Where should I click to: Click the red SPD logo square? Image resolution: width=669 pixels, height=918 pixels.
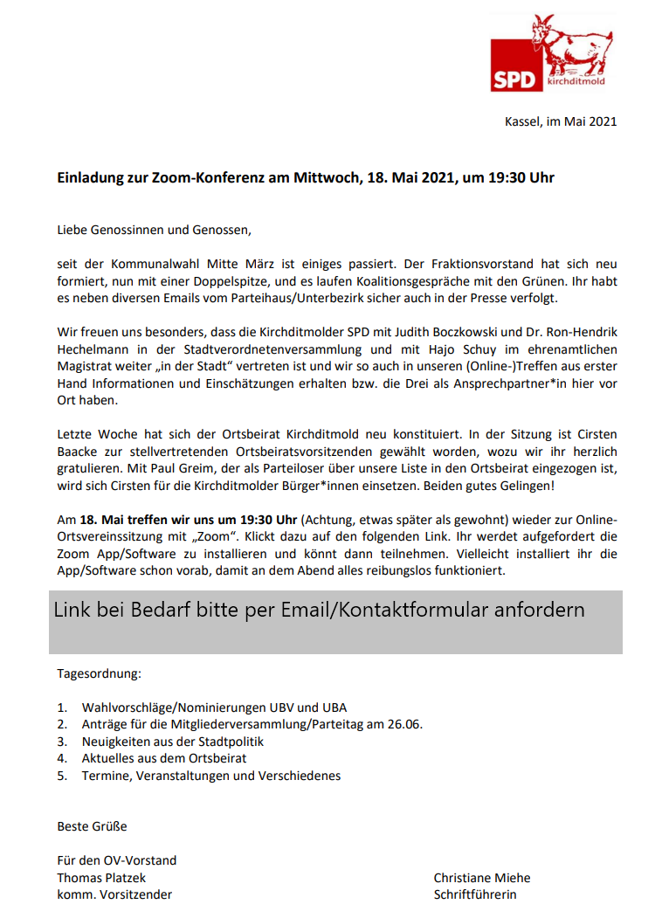[x=516, y=66]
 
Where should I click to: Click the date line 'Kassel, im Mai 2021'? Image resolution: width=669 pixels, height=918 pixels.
[x=561, y=121]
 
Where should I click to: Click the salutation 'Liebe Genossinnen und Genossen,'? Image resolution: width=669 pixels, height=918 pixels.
[x=154, y=231]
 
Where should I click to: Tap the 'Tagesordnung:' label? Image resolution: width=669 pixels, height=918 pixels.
[x=99, y=674]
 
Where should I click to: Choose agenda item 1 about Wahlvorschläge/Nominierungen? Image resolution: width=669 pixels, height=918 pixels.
[x=215, y=707]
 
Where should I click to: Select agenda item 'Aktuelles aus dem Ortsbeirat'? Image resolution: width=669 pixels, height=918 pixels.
[x=164, y=758]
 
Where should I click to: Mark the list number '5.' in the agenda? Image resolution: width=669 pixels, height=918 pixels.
[x=62, y=776]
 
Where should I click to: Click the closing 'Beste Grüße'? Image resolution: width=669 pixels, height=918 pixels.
[x=92, y=826]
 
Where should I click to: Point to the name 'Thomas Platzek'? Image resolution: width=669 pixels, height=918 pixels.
[x=101, y=878]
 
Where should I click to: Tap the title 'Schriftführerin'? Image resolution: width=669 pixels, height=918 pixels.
[x=475, y=894]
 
